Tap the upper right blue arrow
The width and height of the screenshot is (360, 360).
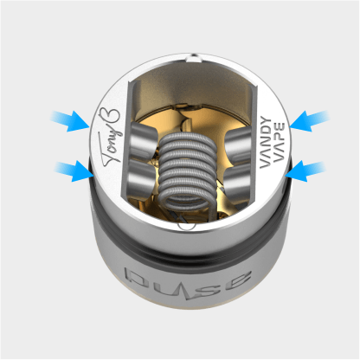(x=309, y=119)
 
